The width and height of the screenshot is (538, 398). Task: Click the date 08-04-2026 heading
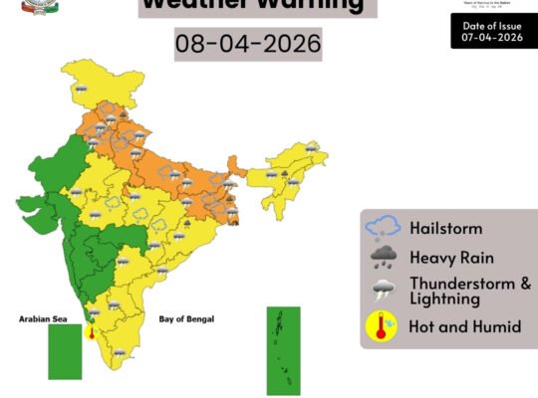248,45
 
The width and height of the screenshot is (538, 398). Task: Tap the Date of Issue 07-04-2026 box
492,31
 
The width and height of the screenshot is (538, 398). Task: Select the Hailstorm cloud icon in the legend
384,228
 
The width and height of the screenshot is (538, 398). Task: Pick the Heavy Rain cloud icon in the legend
384,258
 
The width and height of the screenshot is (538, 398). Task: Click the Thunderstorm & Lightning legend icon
384,291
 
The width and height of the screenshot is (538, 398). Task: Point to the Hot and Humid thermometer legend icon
382,325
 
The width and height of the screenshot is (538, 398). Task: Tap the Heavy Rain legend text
451,258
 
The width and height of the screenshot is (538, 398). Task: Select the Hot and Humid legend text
464,326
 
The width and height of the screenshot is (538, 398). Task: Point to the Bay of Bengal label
186,319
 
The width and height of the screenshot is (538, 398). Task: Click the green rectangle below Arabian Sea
65,351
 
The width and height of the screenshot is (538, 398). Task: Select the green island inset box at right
282,350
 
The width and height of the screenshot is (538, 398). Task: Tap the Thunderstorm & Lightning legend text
469,291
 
